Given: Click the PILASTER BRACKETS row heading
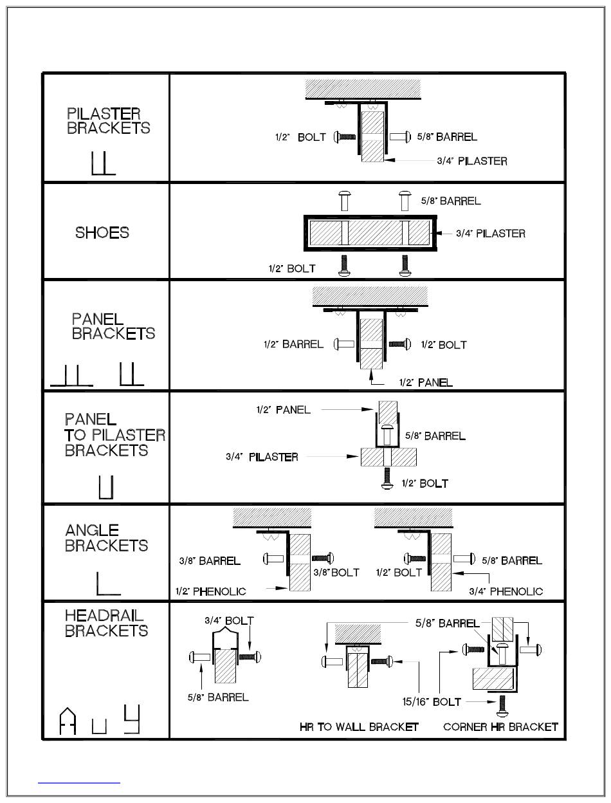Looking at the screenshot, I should click(x=108, y=121).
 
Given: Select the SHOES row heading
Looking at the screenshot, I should click(x=102, y=232).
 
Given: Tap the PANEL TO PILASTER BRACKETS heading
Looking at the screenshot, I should click(x=114, y=435).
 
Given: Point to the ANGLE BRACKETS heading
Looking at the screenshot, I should click(x=106, y=538).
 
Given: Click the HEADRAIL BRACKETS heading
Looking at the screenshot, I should click(x=106, y=623).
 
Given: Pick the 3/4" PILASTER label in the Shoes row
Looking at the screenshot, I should click(x=490, y=234).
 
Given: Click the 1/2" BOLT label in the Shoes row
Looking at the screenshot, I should click(x=292, y=268).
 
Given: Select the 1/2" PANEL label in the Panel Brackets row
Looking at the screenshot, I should click(x=425, y=382).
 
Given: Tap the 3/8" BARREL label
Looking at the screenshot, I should click(x=210, y=560).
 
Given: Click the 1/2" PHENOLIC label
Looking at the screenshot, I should click(x=210, y=591).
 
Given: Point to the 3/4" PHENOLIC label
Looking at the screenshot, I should click(x=506, y=591).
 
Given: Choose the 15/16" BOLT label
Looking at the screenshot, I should click(x=429, y=701).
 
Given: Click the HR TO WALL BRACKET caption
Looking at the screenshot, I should click(x=359, y=726).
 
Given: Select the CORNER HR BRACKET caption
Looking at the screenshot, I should click(x=500, y=726).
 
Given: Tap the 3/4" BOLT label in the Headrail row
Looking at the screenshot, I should click(x=229, y=621).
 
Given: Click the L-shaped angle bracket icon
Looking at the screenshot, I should click(x=107, y=583).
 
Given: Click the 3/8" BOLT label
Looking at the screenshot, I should click(x=336, y=572).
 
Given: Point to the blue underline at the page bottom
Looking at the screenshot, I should click(x=79, y=782).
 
